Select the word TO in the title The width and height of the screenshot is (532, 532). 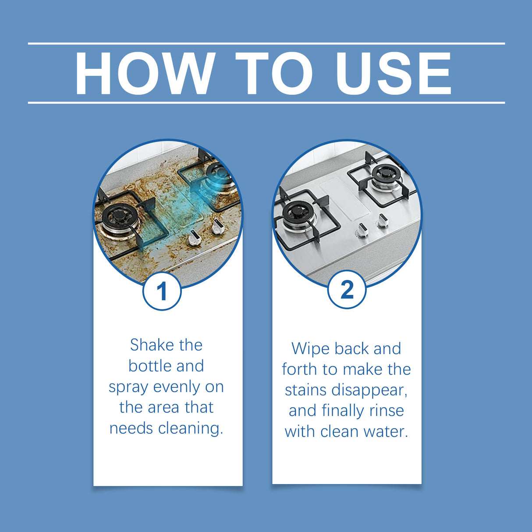click(273, 74)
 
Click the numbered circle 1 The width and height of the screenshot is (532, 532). click(162, 291)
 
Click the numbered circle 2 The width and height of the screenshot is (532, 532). click(347, 290)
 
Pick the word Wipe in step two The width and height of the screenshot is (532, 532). click(309, 349)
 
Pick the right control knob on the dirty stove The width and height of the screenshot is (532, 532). click(217, 226)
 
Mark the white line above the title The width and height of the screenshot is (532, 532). click(266, 43)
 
